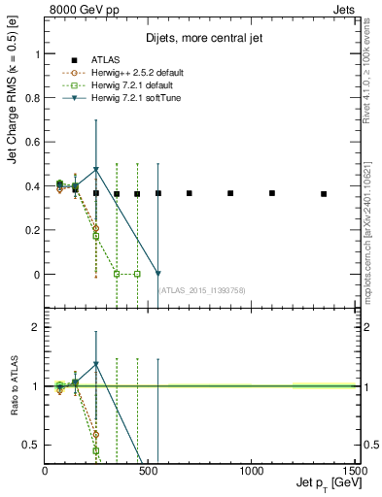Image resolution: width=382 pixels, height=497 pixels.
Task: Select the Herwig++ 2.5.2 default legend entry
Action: coord(115,73)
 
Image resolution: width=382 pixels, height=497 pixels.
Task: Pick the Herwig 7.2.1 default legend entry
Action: coord(113,85)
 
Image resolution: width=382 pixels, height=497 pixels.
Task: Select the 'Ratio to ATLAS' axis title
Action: coord(13,387)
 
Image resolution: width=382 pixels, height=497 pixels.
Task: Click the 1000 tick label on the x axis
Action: coord(252,471)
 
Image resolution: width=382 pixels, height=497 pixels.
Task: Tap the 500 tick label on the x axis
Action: coord(149,471)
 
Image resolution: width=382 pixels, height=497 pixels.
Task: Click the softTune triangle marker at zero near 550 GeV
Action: coord(158,274)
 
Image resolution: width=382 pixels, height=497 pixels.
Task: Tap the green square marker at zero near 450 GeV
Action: coord(137,274)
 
